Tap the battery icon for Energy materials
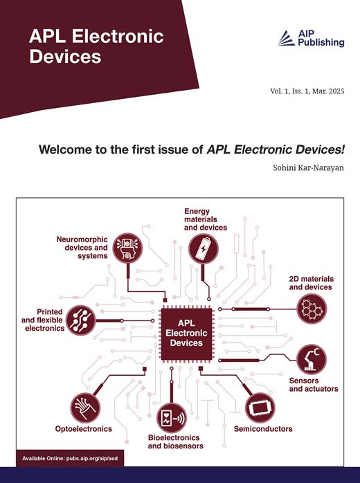[203, 248]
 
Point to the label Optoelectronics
[83, 429]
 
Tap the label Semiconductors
[263, 429]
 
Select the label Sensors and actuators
[313, 385]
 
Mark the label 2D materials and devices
[310, 282]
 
